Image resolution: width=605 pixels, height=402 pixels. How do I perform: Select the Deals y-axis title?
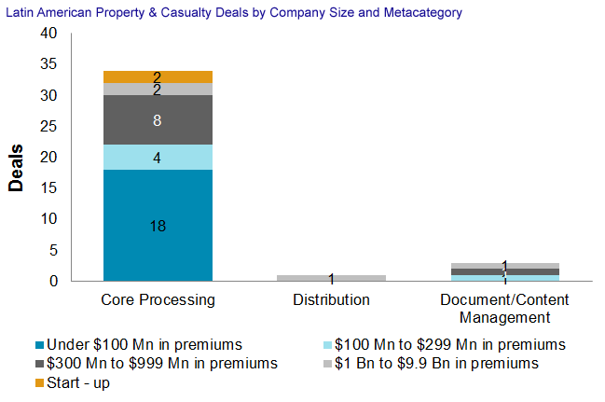point(16,167)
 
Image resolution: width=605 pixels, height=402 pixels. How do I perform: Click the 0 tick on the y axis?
point(52,281)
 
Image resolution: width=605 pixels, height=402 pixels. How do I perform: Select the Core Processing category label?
point(158,300)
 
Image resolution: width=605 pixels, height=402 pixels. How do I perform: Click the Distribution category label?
point(331,300)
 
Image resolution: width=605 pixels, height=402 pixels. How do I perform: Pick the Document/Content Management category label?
point(503,309)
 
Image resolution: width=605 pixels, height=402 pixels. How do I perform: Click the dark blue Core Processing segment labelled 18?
point(158,225)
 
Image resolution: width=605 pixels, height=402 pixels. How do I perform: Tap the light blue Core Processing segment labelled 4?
point(158,157)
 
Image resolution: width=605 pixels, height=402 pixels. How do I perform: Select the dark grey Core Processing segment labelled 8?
point(158,119)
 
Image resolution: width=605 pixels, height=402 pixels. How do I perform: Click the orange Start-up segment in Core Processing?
point(158,76)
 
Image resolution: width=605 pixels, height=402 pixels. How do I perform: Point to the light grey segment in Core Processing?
point(158,90)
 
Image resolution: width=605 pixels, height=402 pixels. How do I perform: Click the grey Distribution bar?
point(331,278)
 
